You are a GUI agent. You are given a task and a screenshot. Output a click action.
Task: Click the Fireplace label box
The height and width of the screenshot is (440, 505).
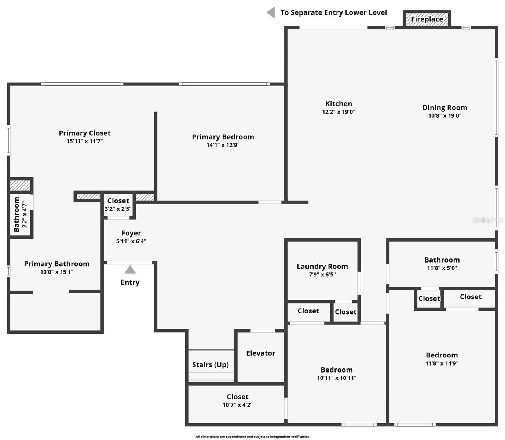click(427, 19)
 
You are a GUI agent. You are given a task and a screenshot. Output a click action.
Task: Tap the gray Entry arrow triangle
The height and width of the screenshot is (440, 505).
click(130, 270)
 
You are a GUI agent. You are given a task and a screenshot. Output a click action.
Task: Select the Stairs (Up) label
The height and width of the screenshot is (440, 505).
click(211, 365)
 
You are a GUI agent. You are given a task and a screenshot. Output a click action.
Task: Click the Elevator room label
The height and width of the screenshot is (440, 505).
click(260, 353)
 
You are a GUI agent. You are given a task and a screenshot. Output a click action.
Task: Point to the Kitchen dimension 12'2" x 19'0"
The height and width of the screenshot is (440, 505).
click(339, 112)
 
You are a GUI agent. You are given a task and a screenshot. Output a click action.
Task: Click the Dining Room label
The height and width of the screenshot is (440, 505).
click(444, 107)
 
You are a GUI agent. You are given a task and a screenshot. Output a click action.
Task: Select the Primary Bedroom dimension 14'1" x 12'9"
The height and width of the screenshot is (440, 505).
click(223, 145)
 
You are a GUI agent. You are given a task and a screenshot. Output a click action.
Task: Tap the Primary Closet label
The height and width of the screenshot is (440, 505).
click(85, 133)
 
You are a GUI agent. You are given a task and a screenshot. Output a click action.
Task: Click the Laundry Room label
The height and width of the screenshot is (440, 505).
click(322, 267)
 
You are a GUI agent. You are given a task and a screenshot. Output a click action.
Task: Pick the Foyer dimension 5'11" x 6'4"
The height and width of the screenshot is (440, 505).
click(131, 241)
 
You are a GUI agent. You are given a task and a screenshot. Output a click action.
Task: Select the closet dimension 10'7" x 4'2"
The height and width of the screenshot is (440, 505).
click(237, 405)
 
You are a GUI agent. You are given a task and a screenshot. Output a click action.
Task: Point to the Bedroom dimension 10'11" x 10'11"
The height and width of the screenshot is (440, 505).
click(336, 378)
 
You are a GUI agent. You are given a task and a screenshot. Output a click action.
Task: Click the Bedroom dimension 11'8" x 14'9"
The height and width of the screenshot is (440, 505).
click(442, 363)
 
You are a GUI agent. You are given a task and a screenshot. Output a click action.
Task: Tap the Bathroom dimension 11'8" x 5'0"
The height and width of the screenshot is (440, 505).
click(442, 268)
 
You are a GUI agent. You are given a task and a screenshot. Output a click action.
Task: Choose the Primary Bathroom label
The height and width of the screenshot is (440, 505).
click(57, 264)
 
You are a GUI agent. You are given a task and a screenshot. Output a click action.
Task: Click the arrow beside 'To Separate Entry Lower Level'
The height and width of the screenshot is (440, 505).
click(271, 12)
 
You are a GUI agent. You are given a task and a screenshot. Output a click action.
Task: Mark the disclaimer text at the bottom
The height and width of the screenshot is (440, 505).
click(252, 437)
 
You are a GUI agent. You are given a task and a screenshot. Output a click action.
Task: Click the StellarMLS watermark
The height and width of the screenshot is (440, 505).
click(488, 220)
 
